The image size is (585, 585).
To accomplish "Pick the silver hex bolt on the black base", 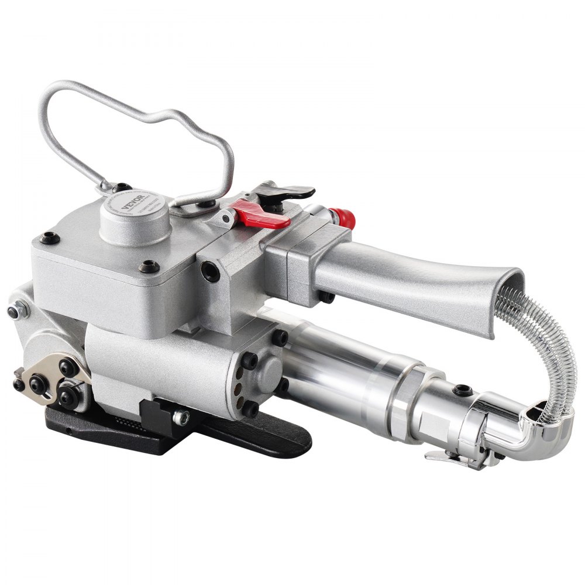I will (181, 417).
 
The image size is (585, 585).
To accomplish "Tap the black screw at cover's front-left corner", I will (49, 238).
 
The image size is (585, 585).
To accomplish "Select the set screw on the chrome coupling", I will (463, 390).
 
